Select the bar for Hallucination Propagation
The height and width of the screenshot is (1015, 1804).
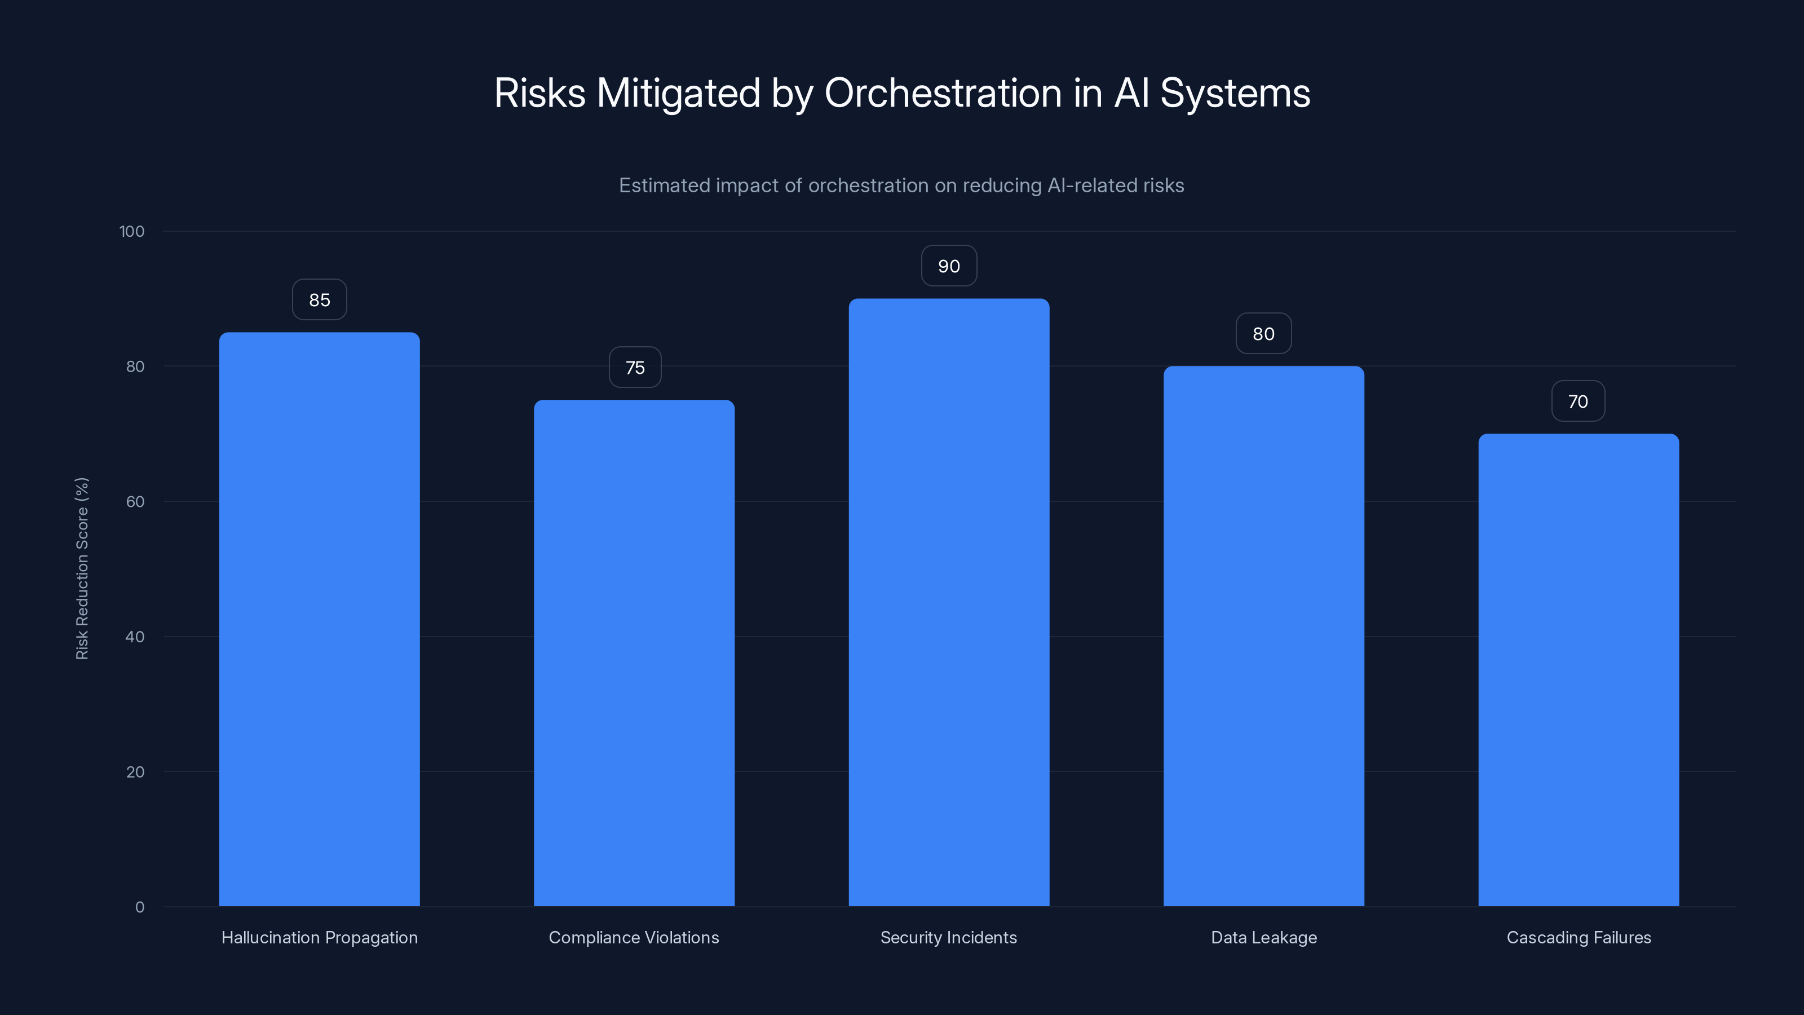(x=319, y=620)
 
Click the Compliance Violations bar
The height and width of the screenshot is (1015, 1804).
(x=634, y=653)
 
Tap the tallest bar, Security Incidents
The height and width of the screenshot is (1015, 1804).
(x=949, y=602)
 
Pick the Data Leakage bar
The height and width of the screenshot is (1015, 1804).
(x=1263, y=636)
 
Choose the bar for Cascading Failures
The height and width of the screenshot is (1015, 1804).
(x=1578, y=670)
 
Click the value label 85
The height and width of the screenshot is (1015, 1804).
(x=319, y=300)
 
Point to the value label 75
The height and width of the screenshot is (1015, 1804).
(x=634, y=368)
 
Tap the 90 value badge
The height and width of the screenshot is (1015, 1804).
(x=949, y=266)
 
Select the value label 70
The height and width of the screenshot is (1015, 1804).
(x=1578, y=401)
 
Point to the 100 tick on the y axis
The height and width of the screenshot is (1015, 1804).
(x=132, y=232)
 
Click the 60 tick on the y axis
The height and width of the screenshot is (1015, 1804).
(x=135, y=501)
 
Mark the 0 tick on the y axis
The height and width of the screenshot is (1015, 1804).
(x=139, y=907)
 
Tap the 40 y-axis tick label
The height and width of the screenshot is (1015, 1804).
(x=135, y=637)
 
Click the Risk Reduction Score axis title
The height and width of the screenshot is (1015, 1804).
(x=82, y=568)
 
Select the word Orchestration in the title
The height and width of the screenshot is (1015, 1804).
(x=943, y=93)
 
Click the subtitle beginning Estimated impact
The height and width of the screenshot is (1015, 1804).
(x=901, y=186)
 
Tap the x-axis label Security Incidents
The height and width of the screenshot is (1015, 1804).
(x=948, y=937)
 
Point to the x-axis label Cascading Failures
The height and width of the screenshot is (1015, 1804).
(x=1578, y=937)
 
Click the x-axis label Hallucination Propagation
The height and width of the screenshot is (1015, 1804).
(x=319, y=937)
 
